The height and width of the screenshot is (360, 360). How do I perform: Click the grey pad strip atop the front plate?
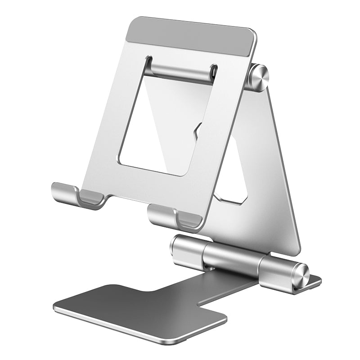[x=191, y=36]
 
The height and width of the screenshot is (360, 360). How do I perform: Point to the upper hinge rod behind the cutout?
[x=180, y=72]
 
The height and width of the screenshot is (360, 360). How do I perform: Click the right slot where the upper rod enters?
[x=213, y=72]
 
